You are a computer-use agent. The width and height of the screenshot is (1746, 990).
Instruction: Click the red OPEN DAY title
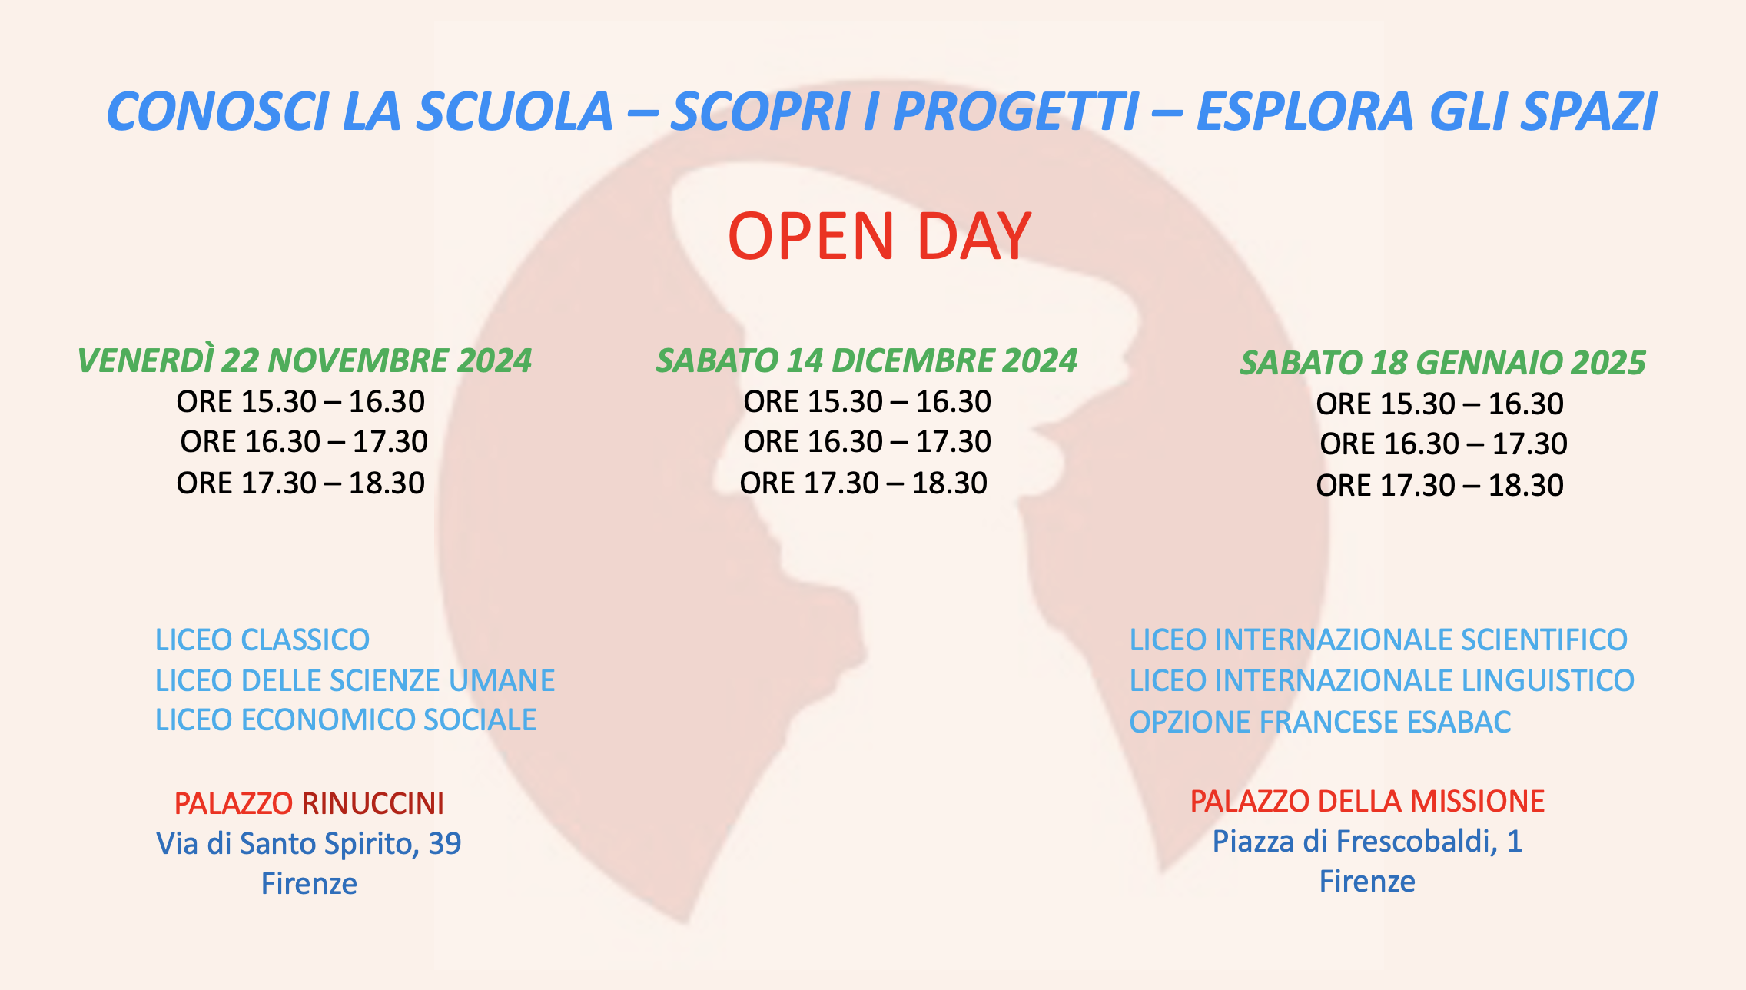[x=879, y=236]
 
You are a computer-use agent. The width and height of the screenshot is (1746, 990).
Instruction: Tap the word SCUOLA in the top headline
[x=515, y=111]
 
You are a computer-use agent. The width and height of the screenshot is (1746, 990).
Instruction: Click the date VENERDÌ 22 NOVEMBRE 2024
[x=304, y=360]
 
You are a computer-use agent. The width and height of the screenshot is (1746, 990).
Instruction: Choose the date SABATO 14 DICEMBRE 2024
[x=866, y=360]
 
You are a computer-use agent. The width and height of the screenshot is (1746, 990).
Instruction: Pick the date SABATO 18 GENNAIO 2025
[x=1442, y=363]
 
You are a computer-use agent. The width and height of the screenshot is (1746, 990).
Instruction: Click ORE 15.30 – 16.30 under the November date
[x=300, y=401]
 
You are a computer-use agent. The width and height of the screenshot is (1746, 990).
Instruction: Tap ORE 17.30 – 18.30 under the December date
[x=863, y=483]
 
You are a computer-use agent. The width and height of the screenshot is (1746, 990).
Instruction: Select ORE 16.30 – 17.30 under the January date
[x=1443, y=444]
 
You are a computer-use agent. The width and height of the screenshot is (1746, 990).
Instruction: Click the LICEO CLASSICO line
[x=262, y=640]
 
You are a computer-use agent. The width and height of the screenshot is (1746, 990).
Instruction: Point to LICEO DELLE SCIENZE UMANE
[x=355, y=680]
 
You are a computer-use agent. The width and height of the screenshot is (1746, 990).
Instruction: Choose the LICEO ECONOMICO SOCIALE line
[x=346, y=720]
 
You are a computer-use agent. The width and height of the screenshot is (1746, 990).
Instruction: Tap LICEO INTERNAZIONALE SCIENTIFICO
[x=1378, y=640]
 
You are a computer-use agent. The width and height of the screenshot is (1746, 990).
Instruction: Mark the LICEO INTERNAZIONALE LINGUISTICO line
[x=1382, y=680]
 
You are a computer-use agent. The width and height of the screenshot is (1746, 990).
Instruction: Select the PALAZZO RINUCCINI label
[x=309, y=803]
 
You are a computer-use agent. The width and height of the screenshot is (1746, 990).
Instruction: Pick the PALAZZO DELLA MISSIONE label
[x=1367, y=801]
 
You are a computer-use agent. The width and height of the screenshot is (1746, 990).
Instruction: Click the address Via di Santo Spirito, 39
[x=309, y=844]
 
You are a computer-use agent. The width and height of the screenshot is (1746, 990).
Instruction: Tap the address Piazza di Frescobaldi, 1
[x=1367, y=842]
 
